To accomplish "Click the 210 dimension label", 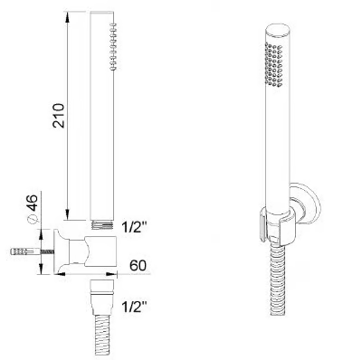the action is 58,116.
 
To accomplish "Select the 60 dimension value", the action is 138,265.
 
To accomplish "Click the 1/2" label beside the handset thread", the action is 134,227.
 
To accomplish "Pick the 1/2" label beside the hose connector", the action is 134,307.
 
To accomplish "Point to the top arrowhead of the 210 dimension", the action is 68,16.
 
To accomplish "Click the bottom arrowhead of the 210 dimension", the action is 68,215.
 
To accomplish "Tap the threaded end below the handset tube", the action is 102,225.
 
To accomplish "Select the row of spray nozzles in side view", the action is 113,46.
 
